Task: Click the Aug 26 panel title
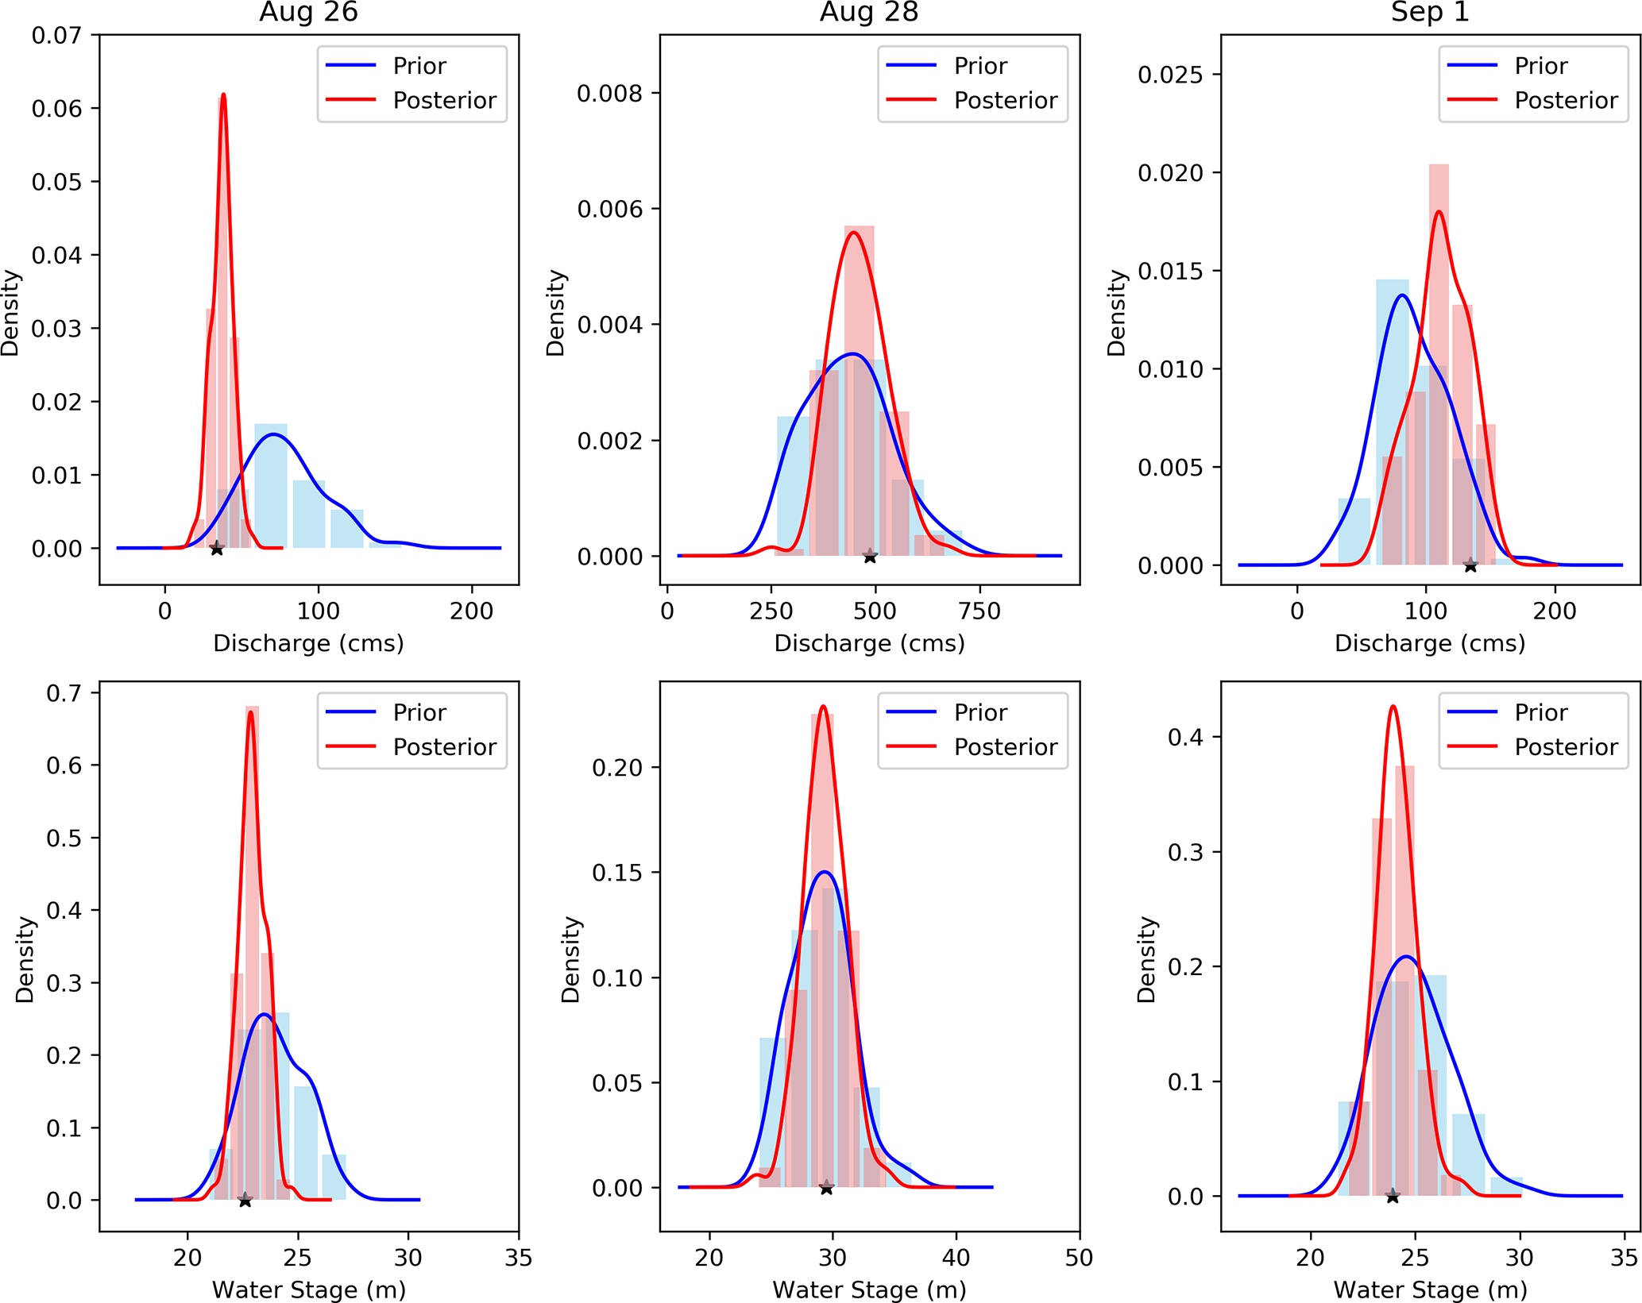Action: click(x=308, y=13)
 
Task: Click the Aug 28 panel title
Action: click(x=869, y=13)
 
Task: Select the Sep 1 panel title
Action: click(x=1430, y=13)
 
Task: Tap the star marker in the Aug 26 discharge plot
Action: click(x=217, y=549)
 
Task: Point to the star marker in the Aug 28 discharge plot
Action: click(x=870, y=557)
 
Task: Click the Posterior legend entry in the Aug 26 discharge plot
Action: click(x=444, y=101)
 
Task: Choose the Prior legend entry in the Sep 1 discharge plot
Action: click(x=1540, y=66)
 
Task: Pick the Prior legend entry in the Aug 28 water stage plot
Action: click(x=980, y=713)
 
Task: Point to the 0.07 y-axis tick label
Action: click(x=56, y=36)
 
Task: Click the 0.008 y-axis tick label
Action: click(x=609, y=94)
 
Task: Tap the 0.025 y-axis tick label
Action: click(x=1170, y=75)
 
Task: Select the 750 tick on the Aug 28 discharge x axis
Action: click(x=979, y=611)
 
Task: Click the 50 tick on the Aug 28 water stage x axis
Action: click(x=1079, y=1259)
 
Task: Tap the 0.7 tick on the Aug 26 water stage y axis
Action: click(x=64, y=693)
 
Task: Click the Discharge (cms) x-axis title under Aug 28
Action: click(x=869, y=643)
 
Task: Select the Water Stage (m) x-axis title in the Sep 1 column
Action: click(x=1430, y=1290)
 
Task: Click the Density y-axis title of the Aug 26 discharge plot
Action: click(x=10, y=313)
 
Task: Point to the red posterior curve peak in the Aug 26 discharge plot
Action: click(x=223, y=95)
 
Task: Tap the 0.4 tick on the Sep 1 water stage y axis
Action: click(x=1186, y=738)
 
